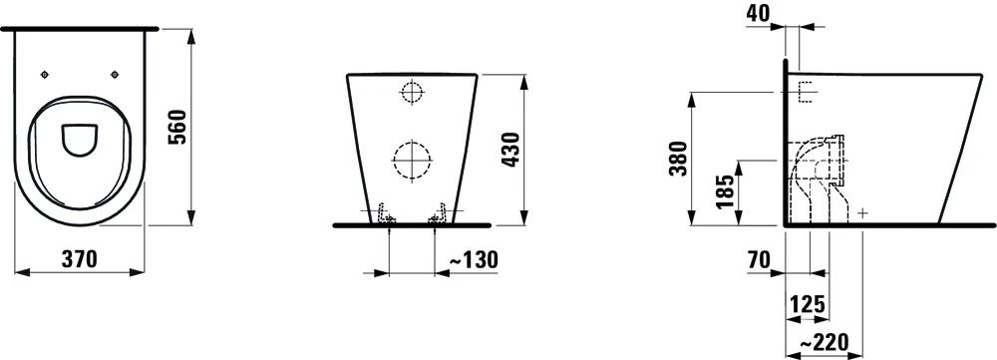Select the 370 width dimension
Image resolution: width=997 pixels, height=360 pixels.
(77, 259)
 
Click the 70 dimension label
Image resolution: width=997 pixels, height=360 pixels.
(760, 259)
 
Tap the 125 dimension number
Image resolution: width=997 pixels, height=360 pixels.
(807, 303)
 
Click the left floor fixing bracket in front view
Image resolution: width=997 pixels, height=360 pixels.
(385, 214)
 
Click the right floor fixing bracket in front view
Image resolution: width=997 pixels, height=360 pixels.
(437, 214)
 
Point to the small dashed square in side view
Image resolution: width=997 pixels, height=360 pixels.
(807, 93)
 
